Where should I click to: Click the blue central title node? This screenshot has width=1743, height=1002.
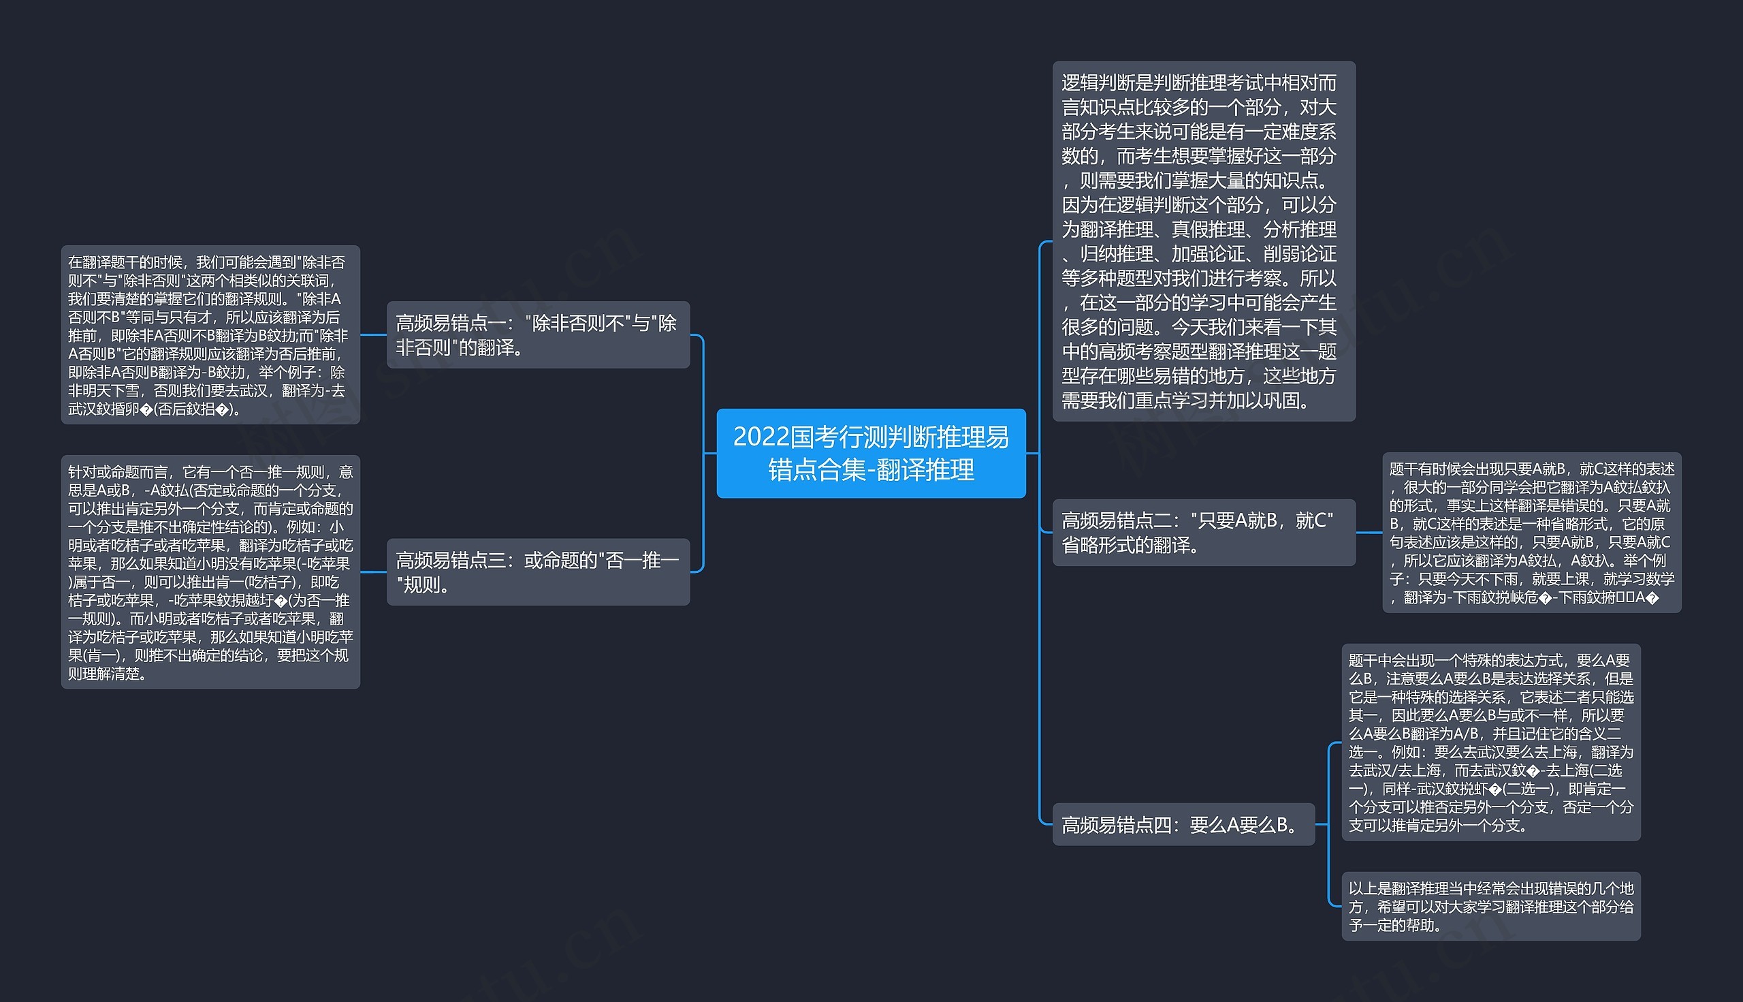click(x=871, y=453)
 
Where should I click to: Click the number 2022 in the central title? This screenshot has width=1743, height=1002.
click(x=760, y=437)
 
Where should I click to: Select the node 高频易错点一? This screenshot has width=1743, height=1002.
click(x=538, y=334)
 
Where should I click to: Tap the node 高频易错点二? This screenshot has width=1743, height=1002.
click(x=1203, y=532)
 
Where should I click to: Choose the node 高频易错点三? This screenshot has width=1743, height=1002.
click(x=538, y=572)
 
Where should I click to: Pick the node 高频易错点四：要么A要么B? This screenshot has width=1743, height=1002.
click(x=1183, y=824)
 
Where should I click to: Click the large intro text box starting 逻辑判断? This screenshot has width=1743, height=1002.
click(x=1203, y=241)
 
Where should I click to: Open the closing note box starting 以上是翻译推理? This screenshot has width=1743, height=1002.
click(x=1490, y=907)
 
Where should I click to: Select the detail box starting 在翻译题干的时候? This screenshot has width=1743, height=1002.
click(x=210, y=334)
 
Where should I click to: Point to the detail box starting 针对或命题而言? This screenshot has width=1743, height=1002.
click(x=210, y=572)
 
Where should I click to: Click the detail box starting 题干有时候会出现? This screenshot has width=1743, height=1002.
click(x=1531, y=532)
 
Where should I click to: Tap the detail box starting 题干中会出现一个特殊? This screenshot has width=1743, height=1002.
click(x=1490, y=742)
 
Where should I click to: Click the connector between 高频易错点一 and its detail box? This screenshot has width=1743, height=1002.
click(x=374, y=335)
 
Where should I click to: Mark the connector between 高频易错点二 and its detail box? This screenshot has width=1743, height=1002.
click(x=1369, y=532)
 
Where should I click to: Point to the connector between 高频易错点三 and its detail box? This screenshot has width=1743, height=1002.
click(x=374, y=572)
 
